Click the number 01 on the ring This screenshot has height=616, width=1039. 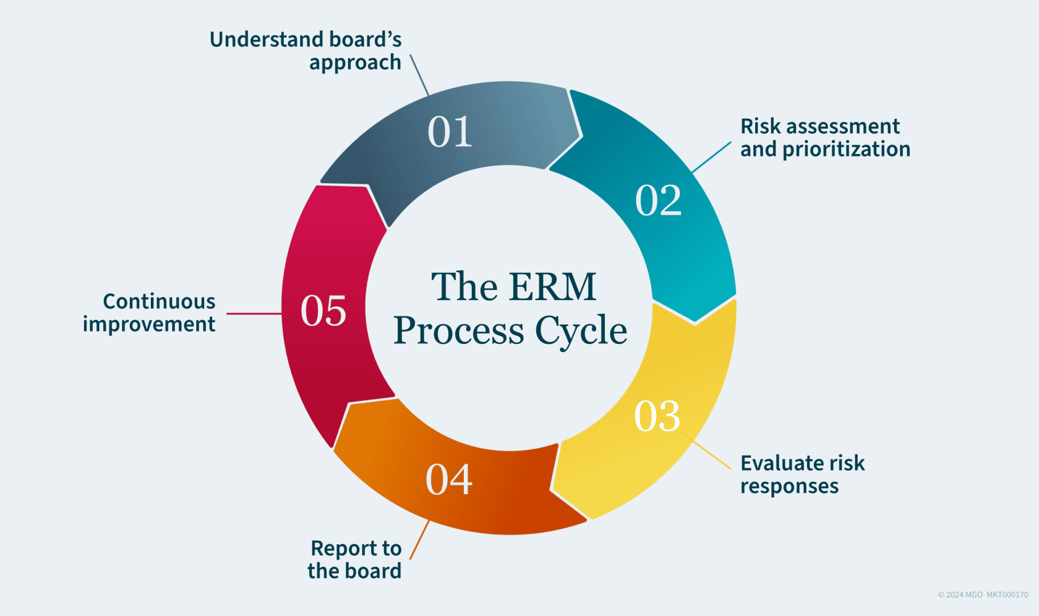pyautogui.click(x=450, y=132)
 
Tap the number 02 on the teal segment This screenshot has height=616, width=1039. pyautogui.click(x=658, y=200)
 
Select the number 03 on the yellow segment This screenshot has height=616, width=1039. pyautogui.click(x=657, y=416)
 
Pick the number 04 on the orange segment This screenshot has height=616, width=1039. pyautogui.click(x=449, y=479)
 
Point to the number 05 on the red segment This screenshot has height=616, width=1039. pyautogui.click(x=323, y=310)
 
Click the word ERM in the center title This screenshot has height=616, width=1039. pyautogui.click(x=554, y=287)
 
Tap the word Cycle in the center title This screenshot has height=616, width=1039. pyautogui.click(x=581, y=331)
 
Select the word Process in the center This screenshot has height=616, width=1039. pyautogui.click(x=459, y=331)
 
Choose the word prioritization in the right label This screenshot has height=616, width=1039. pyautogui.click(x=846, y=150)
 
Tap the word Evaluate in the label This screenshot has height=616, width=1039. pyautogui.click(x=780, y=463)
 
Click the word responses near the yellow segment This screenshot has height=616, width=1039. pyautogui.click(x=789, y=487)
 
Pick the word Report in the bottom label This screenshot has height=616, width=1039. pyautogui.click(x=340, y=549)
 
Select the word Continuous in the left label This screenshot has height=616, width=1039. pyautogui.click(x=159, y=301)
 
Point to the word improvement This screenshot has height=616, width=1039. pyautogui.click(x=149, y=325)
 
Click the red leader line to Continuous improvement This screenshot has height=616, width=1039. pyautogui.click(x=254, y=314)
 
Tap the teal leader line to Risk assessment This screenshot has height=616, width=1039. pyautogui.click(x=711, y=157)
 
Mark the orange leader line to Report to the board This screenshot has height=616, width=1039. pyautogui.click(x=419, y=540)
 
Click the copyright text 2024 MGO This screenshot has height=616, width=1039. pyautogui.click(x=960, y=595)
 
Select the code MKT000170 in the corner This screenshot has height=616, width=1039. pyautogui.click(x=1007, y=595)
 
